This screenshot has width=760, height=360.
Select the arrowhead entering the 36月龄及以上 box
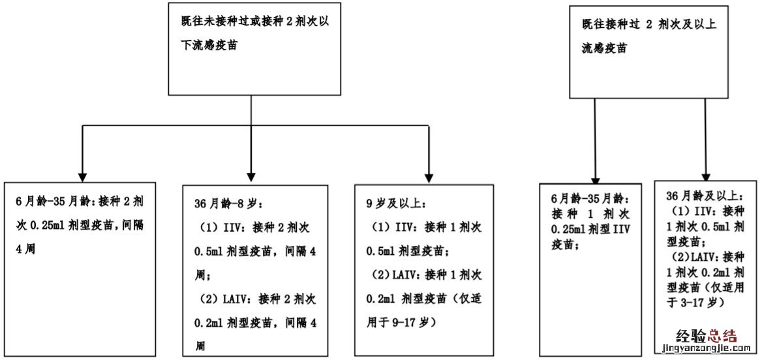point(707,174)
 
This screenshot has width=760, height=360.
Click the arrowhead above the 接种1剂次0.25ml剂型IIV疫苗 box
point(595,176)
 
